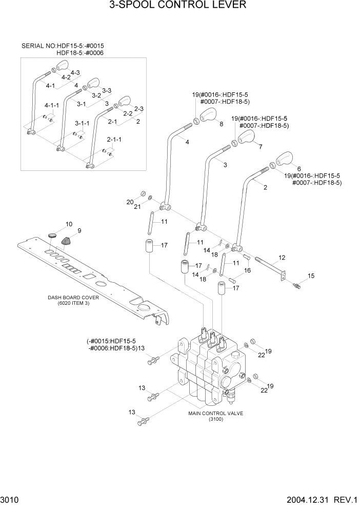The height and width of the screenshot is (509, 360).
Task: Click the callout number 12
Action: [282, 257]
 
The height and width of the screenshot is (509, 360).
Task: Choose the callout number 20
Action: [130, 202]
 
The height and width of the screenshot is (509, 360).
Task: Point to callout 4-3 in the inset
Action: [75, 73]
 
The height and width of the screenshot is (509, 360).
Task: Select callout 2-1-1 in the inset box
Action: [114, 140]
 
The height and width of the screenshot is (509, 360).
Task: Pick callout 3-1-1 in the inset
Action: [82, 124]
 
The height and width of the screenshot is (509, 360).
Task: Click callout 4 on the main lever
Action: [187, 142]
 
